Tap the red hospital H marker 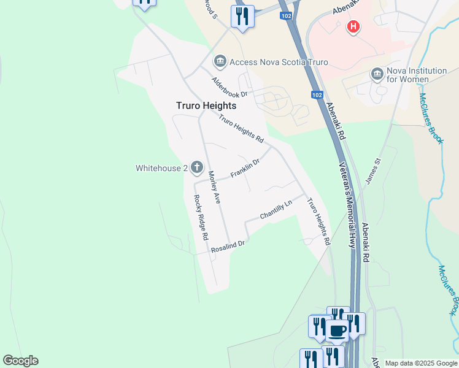[353, 26]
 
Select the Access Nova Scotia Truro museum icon [220, 62]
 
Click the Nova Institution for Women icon [377, 75]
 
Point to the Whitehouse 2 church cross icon [197, 167]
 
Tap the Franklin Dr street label [245, 169]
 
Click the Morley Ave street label [214, 187]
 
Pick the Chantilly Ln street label [276, 210]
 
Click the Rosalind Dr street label [228, 247]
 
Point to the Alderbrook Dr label [229, 87]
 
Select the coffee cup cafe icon [337, 331]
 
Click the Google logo [20, 361]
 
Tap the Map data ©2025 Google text [420, 363]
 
